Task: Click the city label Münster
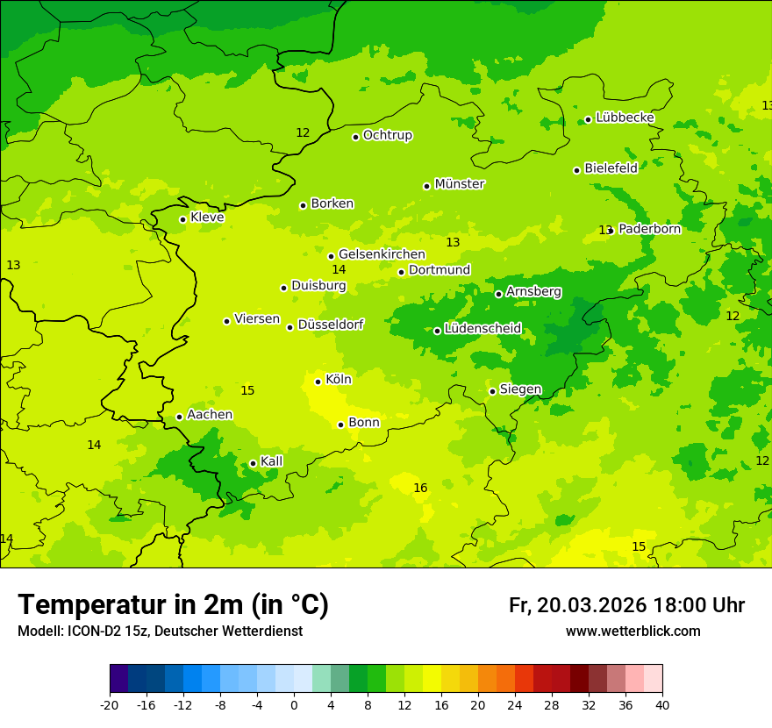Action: point(460,184)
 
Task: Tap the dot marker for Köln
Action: point(318,382)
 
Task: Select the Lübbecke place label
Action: point(625,118)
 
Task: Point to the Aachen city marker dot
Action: point(179,417)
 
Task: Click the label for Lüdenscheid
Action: point(482,329)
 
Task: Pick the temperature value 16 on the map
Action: point(420,488)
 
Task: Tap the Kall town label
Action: point(272,461)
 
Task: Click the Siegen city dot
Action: point(493,391)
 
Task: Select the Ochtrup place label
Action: point(387,135)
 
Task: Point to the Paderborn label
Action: point(649,229)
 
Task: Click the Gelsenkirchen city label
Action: point(382,254)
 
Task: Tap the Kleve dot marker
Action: point(182,219)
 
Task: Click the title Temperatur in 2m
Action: point(173,604)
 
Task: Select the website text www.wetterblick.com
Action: point(633,632)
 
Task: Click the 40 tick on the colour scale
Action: point(662,704)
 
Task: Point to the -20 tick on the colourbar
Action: point(110,704)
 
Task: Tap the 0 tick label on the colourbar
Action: point(294,704)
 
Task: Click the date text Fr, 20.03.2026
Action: point(577,605)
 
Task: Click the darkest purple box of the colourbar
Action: point(118,679)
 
